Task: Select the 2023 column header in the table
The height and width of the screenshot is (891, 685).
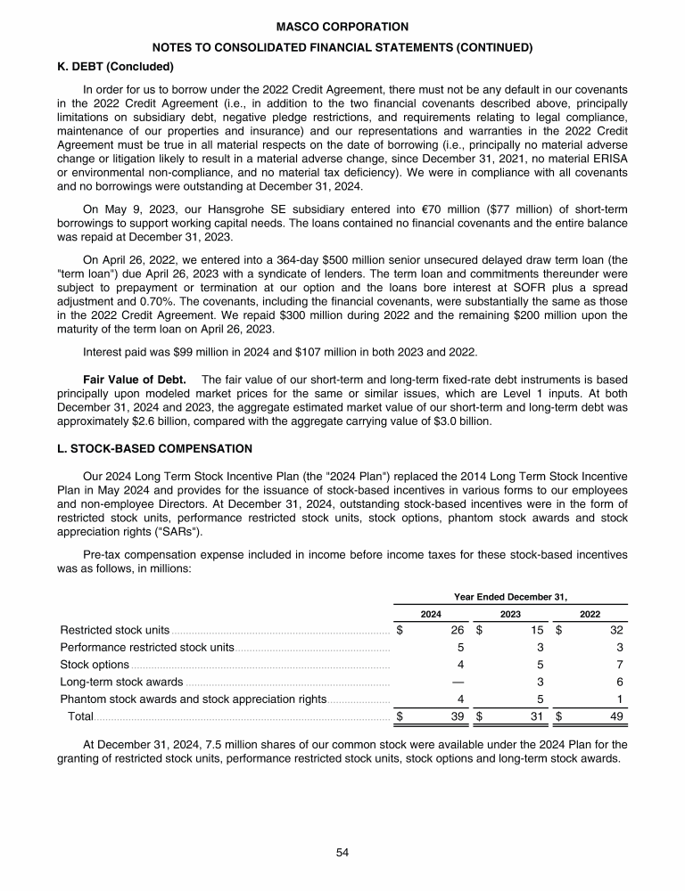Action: point(510,613)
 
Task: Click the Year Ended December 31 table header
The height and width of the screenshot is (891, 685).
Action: point(510,596)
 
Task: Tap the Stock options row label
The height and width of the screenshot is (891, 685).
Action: point(95,664)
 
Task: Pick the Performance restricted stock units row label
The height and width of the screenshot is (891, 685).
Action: point(147,647)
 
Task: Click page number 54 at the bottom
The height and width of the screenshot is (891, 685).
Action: point(342,853)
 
